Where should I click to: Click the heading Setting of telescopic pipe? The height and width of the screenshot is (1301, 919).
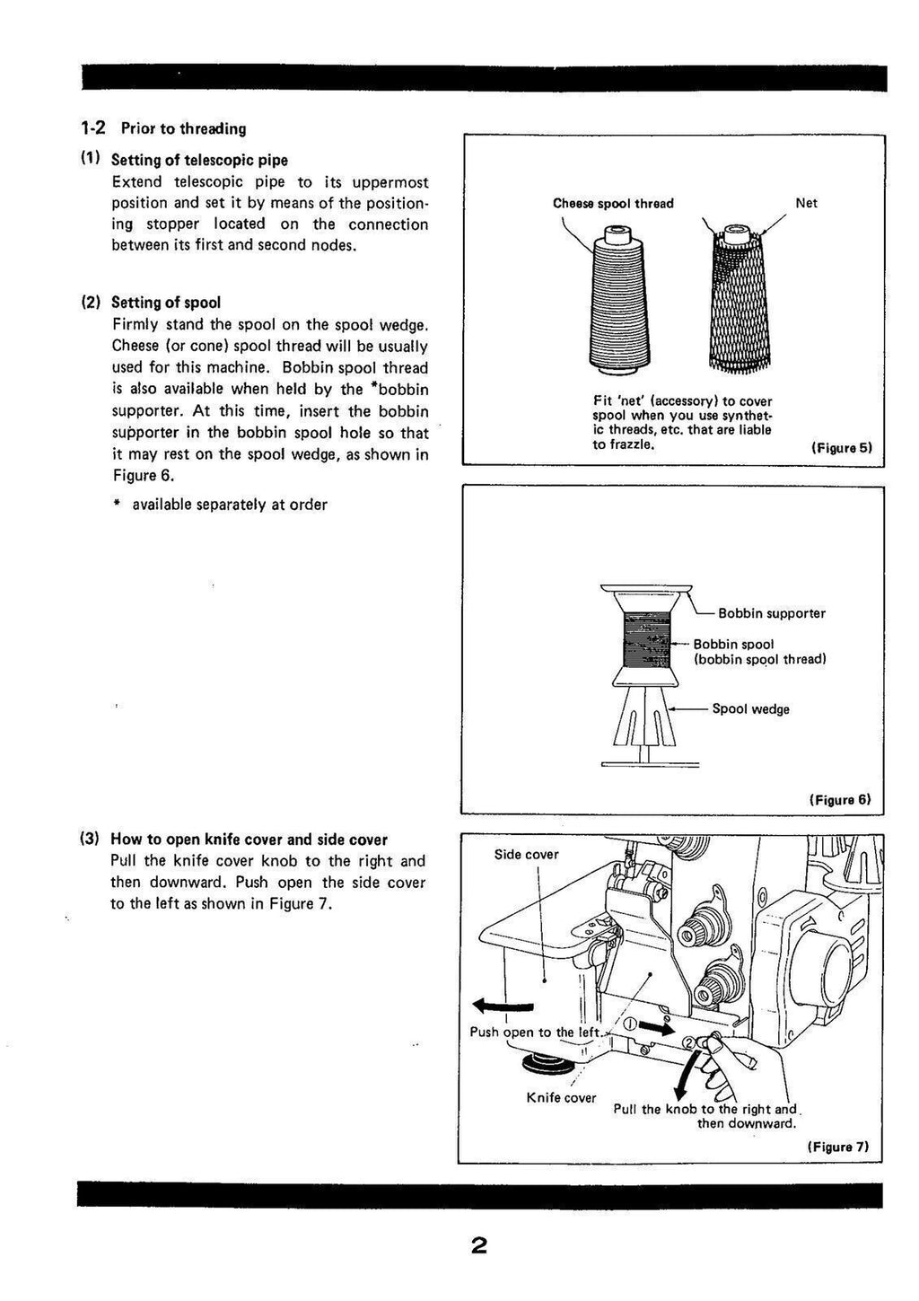tap(198, 161)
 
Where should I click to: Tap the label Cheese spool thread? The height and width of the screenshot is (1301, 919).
tap(613, 204)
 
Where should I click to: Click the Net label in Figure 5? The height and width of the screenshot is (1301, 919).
tap(806, 204)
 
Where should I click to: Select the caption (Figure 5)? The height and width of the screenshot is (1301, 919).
tap(841, 447)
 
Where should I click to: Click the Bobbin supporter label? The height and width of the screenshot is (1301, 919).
tap(771, 613)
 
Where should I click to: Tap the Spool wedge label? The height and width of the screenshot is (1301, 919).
tap(750, 709)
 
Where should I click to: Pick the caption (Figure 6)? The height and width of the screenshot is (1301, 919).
tap(840, 798)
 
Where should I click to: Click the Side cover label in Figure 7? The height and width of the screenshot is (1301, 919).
tap(526, 854)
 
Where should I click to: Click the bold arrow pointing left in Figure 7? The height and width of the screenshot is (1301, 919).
tap(502, 1006)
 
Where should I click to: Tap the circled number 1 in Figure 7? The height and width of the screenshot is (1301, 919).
tap(629, 1024)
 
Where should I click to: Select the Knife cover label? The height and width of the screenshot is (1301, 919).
tap(561, 1097)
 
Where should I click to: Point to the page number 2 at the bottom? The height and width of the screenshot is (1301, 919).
tap(478, 1246)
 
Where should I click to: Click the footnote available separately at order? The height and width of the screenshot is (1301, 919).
tap(229, 505)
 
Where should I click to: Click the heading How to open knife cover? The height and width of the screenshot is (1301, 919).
tap(249, 839)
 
